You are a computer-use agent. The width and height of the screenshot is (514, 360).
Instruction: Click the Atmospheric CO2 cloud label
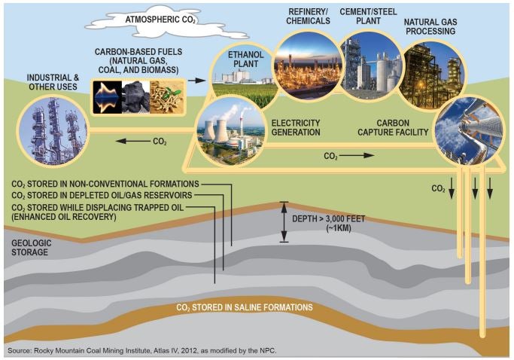tap(160, 20)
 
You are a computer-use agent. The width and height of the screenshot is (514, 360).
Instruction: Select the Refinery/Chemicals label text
tap(308, 17)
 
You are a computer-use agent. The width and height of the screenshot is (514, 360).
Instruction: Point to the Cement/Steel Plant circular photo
tap(371, 65)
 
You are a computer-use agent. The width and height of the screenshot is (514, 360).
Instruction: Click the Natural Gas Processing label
tap(430, 26)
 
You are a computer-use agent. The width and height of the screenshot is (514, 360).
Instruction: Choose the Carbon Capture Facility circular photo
tap(469, 130)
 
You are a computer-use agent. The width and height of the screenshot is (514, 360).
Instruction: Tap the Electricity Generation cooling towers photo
tap(230, 132)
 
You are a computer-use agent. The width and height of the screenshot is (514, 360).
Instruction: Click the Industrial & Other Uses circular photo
tap(53, 130)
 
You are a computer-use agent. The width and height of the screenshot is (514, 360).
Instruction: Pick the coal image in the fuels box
tap(135, 97)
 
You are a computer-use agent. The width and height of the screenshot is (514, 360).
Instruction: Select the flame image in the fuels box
tap(108, 97)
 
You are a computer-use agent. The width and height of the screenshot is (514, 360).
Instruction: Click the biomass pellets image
tap(166, 97)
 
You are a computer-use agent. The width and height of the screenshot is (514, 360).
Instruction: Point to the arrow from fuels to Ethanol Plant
tap(196, 81)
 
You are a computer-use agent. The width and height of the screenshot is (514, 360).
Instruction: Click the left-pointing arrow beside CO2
tap(132, 141)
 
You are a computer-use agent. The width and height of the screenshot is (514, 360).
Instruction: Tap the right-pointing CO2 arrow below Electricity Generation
tap(357, 156)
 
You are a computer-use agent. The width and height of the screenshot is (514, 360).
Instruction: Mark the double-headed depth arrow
tap(284, 222)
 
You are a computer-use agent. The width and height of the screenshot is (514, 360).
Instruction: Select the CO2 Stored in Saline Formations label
tap(245, 307)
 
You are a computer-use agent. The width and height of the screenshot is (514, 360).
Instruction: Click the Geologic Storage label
tap(32, 248)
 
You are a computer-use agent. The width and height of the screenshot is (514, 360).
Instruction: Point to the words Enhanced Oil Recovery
tap(64, 217)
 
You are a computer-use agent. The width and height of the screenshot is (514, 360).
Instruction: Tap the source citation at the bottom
tap(142, 350)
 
